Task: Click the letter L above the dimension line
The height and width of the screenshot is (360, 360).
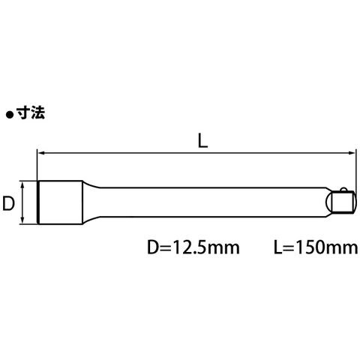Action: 202,140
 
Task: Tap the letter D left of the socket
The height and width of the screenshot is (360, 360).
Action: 8,203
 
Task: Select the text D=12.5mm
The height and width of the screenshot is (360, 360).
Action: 193,247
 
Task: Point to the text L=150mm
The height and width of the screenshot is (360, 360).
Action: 316,247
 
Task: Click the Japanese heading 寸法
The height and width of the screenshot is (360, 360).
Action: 31,112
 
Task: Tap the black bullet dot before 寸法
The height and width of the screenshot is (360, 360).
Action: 9,115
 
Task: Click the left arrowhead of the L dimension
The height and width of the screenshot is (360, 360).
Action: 40,153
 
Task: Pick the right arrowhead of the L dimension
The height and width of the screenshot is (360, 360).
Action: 352,153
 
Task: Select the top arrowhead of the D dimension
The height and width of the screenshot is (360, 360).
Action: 22,185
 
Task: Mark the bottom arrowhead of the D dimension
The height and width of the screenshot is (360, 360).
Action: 22,220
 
